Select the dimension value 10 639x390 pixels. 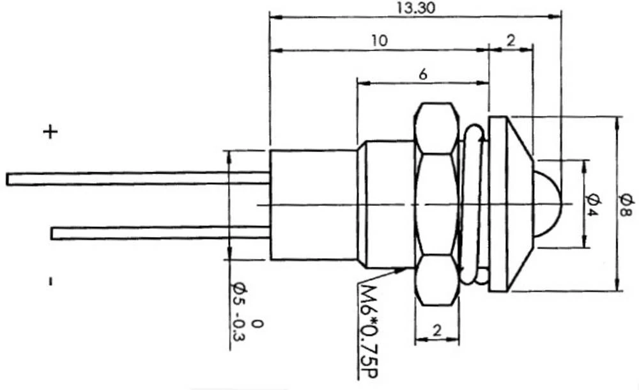379,41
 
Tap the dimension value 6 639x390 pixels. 422,74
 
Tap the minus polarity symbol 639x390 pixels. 50,281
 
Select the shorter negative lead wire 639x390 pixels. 160,233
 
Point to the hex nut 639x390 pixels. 437,204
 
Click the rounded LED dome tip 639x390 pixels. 546,205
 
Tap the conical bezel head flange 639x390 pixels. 508,204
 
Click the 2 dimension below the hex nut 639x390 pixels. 436,330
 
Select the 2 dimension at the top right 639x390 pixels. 511,41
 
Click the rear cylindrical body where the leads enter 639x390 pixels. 313,205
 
